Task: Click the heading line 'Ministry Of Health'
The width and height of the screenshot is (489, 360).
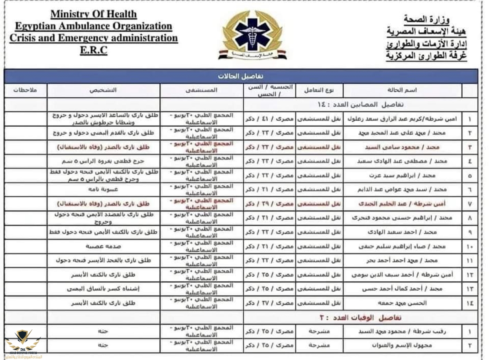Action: [x=94, y=15]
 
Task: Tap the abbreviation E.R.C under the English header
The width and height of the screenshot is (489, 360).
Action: [x=93, y=50]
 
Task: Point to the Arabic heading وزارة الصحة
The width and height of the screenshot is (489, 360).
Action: [x=427, y=18]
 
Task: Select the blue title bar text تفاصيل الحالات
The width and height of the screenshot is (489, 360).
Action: [x=241, y=76]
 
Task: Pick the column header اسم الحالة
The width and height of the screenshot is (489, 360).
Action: [x=402, y=90]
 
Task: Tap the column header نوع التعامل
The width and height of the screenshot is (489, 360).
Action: [x=319, y=90]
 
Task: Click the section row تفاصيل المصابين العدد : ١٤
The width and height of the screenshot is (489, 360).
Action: [x=359, y=105]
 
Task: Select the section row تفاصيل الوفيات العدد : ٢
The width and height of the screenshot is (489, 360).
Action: [x=359, y=318]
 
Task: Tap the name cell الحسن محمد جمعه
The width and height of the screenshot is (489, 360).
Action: [x=402, y=303]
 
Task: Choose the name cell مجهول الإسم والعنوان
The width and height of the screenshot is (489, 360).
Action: [x=402, y=345]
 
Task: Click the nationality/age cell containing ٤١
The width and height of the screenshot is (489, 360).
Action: [x=269, y=119]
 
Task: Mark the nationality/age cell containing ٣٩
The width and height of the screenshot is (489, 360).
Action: [x=269, y=204]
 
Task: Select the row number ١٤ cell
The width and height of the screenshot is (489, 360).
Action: [x=470, y=303]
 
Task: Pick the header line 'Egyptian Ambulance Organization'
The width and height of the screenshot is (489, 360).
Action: [x=94, y=26]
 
